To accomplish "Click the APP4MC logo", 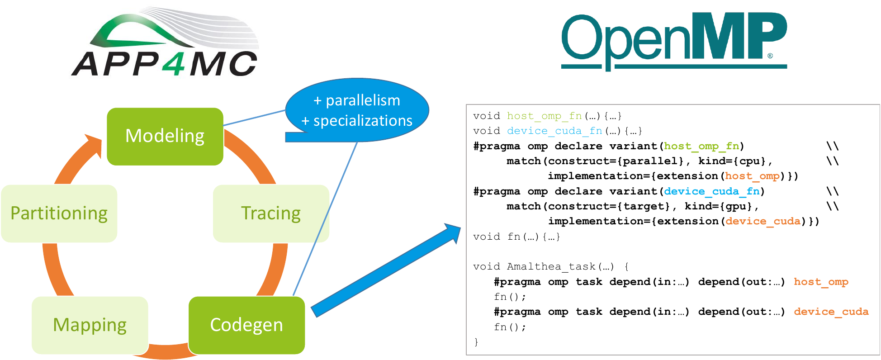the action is [166, 42].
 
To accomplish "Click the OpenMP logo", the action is [674, 42].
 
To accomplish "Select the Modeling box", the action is [165, 136].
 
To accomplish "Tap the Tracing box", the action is [271, 213].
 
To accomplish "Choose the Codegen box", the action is [246, 325].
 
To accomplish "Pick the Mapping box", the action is [90, 325].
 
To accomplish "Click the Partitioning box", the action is [59, 213].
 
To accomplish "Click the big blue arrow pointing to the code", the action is [386, 270].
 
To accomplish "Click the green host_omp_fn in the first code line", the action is [545, 116].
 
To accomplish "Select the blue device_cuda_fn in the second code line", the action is [554, 131].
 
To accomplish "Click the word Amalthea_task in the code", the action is [551, 267].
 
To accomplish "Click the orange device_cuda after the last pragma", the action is [831, 312].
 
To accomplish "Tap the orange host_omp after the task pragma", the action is [821, 282].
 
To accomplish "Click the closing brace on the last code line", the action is [476, 342].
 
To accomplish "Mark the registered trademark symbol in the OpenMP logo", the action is [770, 56].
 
